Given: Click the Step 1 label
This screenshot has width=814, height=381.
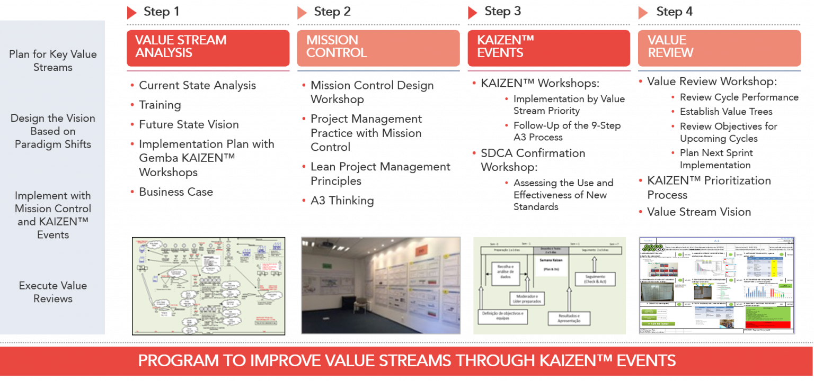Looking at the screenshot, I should point(161,12).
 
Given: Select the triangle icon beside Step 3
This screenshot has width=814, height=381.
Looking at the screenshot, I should point(473,12).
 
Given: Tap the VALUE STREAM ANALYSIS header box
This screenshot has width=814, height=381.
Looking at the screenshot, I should point(208,47).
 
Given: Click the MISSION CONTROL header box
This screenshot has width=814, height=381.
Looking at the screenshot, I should point(378,47).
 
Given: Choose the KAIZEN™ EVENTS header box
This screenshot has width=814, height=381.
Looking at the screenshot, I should point(548,47).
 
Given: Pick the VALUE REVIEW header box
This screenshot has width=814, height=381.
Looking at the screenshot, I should point(719,47).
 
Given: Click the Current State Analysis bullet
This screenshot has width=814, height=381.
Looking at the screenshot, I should point(197,85).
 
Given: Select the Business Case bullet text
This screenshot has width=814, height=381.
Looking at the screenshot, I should point(175,192).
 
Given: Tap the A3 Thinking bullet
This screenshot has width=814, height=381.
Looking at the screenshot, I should point(342,201).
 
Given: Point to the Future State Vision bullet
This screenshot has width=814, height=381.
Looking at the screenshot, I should point(188,124).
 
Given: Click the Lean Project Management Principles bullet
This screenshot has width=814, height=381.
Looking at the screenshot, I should point(380,174).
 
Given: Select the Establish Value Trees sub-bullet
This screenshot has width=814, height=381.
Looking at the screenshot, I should point(726,112).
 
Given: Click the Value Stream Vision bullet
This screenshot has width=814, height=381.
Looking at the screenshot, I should point(698,212).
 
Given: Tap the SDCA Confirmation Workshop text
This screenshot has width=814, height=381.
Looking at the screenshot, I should point(532,160).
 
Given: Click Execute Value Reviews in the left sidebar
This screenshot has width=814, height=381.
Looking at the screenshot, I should point(52,292).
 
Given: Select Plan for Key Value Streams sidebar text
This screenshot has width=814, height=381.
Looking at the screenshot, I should point(52,61).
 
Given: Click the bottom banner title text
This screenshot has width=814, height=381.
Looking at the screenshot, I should point(406,361).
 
